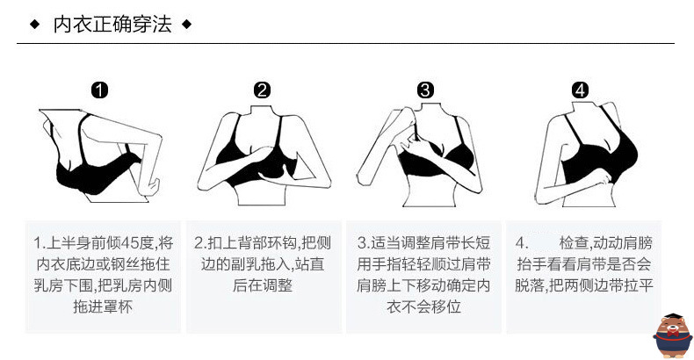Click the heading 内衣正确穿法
pos(112,24)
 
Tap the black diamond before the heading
pos(35,24)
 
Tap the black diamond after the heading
pos(187,24)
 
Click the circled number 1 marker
pos(99,90)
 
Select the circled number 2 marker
pos(262,90)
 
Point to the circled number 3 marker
pos(425,90)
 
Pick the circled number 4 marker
pos(581,90)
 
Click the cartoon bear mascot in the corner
pos(672,335)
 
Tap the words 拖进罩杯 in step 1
pos(103,306)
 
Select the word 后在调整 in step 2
pos(263,285)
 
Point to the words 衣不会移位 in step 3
pos(424,306)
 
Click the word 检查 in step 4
pos(574,243)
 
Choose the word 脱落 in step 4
pos(530,285)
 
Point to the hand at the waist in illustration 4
pos(602,178)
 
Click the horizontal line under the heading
pos(345,43)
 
